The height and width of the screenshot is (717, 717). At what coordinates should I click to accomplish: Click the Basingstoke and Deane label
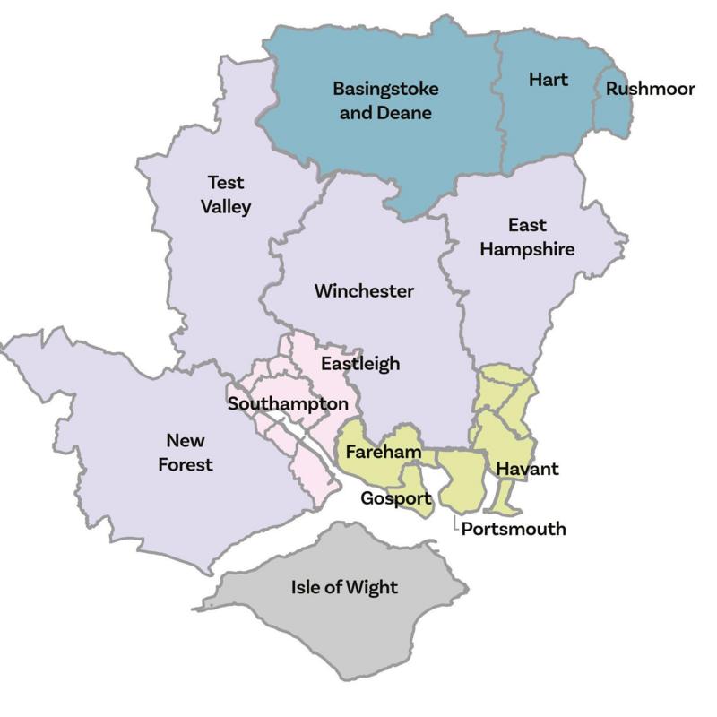pyautogui.click(x=382, y=101)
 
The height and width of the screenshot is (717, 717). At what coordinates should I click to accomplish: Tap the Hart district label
pyautogui.click(x=548, y=80)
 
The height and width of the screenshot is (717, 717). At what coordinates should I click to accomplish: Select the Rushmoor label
pyautogui.click(x=650, y=90)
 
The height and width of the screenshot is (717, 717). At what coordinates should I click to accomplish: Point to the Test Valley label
pyautogui.click(x=226, y=194)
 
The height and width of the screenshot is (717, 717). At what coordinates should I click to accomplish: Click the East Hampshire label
pyautogui.click(x=527, y=237)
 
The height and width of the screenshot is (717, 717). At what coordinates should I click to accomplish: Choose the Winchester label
pyautogui.click(x=364, y=291)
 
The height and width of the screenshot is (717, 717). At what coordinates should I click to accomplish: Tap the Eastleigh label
pyautogui.click(x=360, y=364)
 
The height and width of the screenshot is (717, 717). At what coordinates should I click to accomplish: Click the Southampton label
pyautogui.click(x=288, y=404)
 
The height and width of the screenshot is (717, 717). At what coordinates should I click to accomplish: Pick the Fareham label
pyautogui.click(x=384, y=453)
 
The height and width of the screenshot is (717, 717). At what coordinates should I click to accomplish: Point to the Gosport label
pyautogui.click(x=395, y=498)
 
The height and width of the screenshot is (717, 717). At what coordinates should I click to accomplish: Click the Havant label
pyautogui.click(x=527, y=469)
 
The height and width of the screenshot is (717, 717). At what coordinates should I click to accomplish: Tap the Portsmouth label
pyautogui.click(x=514, y=529)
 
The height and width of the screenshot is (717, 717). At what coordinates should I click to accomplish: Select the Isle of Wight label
pyautogui.click(x=344, y=588)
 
